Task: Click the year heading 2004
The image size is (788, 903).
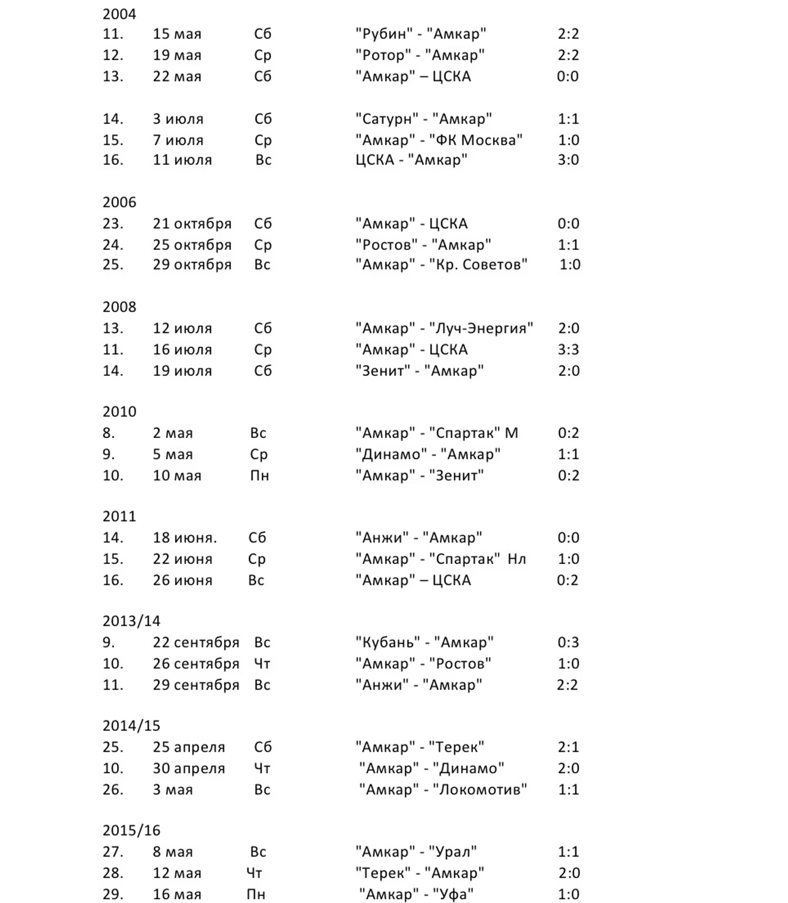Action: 119,14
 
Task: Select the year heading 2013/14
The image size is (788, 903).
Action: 131,621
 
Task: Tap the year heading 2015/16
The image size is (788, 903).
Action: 131,830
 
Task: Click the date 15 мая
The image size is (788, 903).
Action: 176,34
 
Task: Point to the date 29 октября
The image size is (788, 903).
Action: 192,265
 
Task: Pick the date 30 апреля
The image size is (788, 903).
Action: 188,768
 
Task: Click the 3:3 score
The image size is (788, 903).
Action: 568,349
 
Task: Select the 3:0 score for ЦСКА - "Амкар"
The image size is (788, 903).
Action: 568,160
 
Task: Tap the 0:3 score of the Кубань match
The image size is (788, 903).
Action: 568,642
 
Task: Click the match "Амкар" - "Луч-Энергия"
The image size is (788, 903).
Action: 444,328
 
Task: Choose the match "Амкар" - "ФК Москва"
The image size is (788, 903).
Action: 439,140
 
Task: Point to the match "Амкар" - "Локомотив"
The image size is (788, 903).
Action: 443,790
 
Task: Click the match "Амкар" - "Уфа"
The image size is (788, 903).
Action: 416,894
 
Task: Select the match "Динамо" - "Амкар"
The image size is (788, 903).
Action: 427,454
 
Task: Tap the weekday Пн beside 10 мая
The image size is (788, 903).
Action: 259,476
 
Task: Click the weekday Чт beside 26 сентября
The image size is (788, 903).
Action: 262,664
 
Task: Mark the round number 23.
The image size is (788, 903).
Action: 113,224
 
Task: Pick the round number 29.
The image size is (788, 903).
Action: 113,894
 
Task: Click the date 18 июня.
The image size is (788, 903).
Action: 184,538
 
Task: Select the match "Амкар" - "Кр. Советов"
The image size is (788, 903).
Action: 441,265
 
